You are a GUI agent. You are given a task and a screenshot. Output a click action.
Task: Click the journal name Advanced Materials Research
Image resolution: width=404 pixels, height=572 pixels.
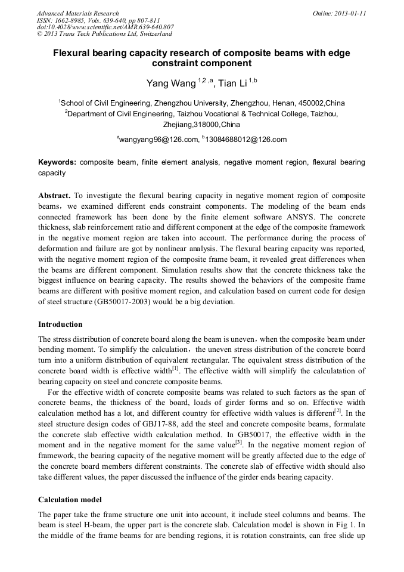coord(78,13)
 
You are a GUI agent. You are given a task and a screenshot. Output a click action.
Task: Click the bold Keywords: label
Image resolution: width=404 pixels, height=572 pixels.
coord(57,162)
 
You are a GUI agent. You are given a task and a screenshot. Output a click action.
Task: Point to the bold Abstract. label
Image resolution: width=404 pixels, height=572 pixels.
coord(55,196)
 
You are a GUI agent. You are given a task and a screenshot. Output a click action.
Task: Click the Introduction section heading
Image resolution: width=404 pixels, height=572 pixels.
coord(60,324)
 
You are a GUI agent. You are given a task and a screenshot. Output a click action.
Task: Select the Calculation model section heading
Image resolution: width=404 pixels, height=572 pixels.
coord(70,499)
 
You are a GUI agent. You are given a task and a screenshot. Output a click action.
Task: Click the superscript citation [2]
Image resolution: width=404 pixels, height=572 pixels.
coord(338,411)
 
